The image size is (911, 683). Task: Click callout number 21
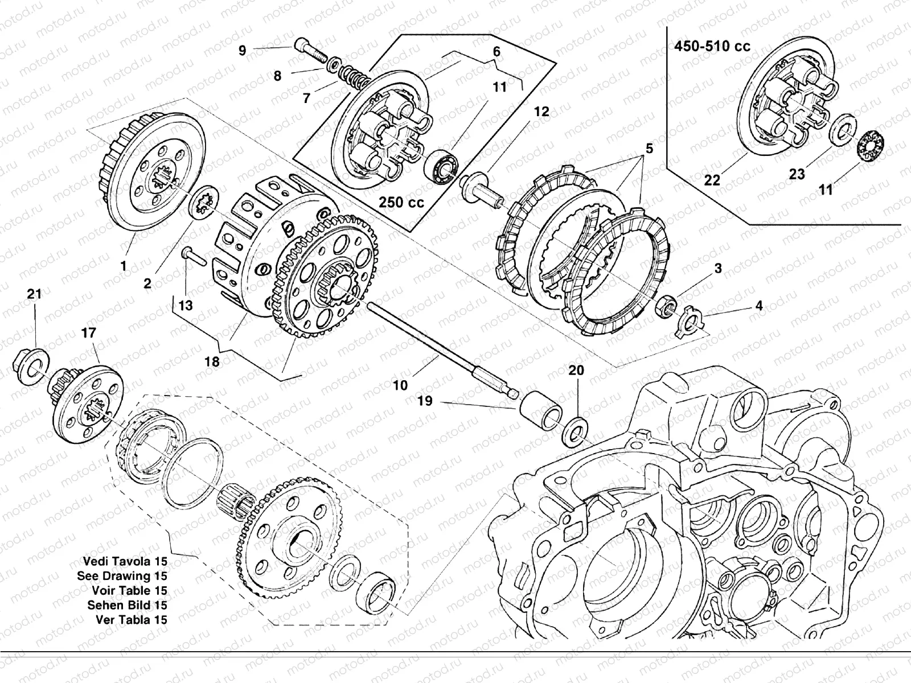click(35, 294)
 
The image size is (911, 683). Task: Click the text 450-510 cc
click(712, 46)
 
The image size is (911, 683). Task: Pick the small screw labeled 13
click(193, 256)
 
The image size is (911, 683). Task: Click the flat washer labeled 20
click(575, 432)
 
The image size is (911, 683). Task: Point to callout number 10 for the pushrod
click(400, 385)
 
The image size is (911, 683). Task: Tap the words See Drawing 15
click(122, 576)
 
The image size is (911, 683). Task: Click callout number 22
click(712, 180)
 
